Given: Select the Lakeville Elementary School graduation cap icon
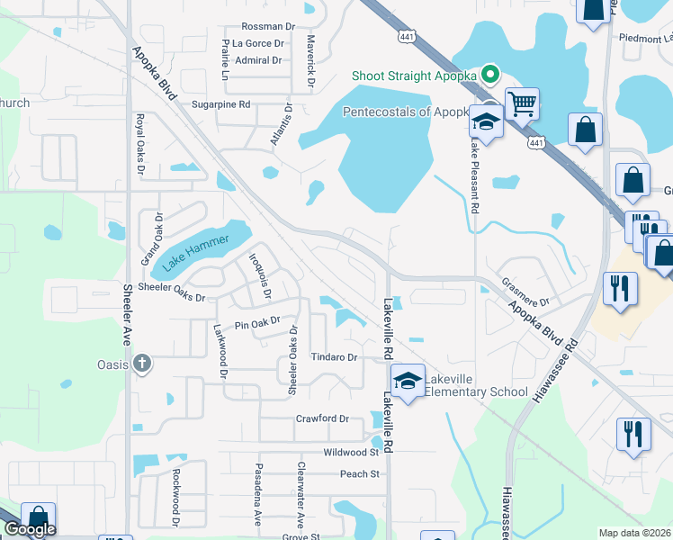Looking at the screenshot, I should click(x=408, y=381).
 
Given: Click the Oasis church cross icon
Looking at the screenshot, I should click(x=140, y=364).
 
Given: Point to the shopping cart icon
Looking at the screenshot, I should click(x=522, y=103).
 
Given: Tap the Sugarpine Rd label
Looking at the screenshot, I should click(x=220, y=104).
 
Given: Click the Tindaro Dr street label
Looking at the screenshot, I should click(x=335, y=357).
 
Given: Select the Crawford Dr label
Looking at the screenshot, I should click(x=322, y=418).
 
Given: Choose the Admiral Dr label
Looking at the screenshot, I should click(x=258, y=61).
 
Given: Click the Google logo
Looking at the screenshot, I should click(x=30, y=529).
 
